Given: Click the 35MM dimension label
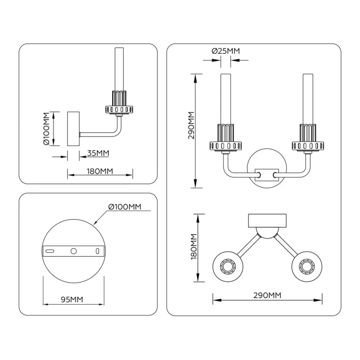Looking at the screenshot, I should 99,153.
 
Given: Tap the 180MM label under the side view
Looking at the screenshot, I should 100,171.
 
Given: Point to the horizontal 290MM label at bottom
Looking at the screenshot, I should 267,295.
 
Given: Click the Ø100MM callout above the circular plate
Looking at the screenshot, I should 124,207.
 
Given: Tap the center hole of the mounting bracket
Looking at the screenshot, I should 73,251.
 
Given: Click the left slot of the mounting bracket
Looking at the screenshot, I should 50,251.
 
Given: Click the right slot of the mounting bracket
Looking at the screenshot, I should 97,251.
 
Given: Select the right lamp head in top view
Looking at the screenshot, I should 307,267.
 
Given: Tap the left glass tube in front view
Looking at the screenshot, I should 225,98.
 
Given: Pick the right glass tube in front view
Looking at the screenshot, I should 308,98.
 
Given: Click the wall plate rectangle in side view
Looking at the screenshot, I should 74,129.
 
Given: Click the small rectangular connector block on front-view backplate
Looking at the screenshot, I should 267,175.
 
